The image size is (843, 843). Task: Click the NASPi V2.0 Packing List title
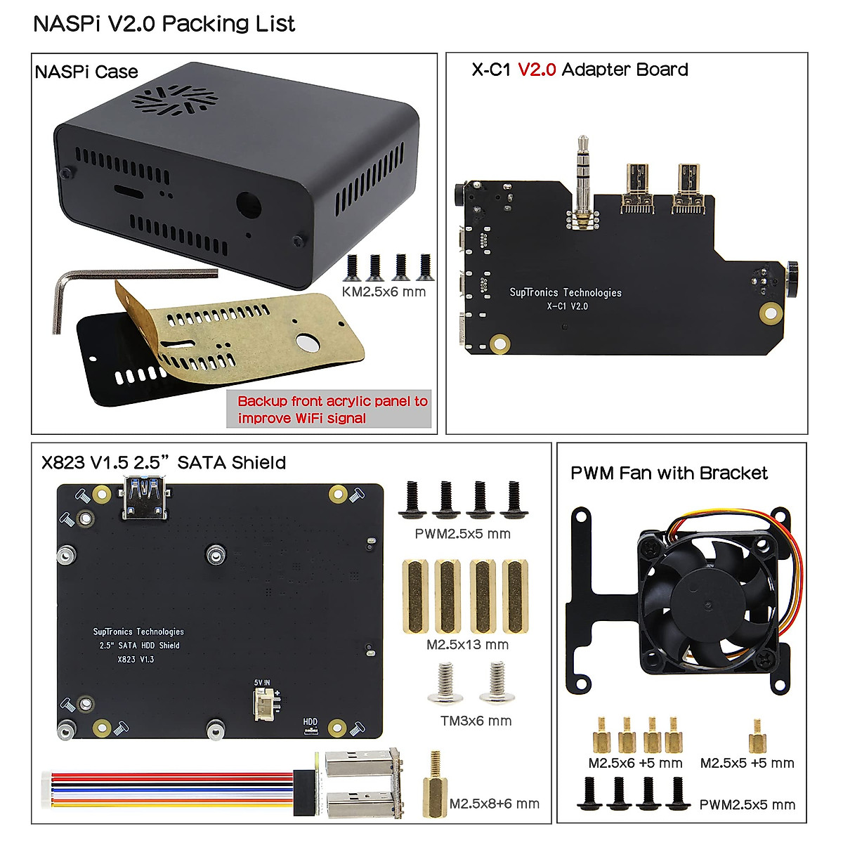tap(164, 24)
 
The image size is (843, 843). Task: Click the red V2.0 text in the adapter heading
tap(537, 70)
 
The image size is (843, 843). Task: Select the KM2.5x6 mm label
tap(384, 292)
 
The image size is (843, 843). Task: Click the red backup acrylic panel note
tap(332, 410)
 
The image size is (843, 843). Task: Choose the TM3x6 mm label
tap(476, 721)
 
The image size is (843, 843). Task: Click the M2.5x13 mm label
tap(467, 644)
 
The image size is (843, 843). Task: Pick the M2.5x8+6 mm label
tap(494, 804)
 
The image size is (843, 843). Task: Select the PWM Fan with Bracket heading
tap(669, 473)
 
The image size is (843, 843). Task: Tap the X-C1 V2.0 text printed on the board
tap(567, 306)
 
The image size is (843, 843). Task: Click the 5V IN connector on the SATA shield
tap(264, 701)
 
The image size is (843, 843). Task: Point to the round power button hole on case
tap(249, 207)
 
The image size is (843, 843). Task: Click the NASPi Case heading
tap(86, 72)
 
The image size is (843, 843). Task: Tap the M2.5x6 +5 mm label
tap(635, 763)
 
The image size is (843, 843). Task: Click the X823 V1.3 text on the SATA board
tap(136, 659)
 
